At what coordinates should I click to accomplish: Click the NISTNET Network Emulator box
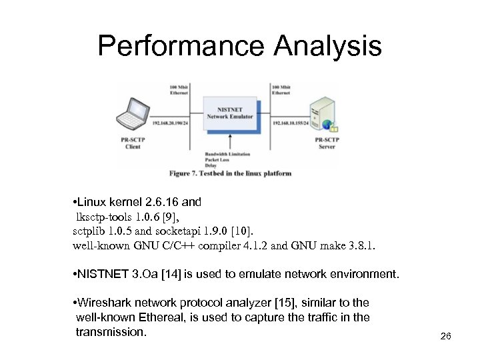coord(231,114)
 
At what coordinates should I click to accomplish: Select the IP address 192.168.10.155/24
coord(293,123)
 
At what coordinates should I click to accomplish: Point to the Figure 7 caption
coord(230,173)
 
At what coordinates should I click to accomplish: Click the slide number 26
coord(447,335)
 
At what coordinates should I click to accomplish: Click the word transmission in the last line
coord(111,331)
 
